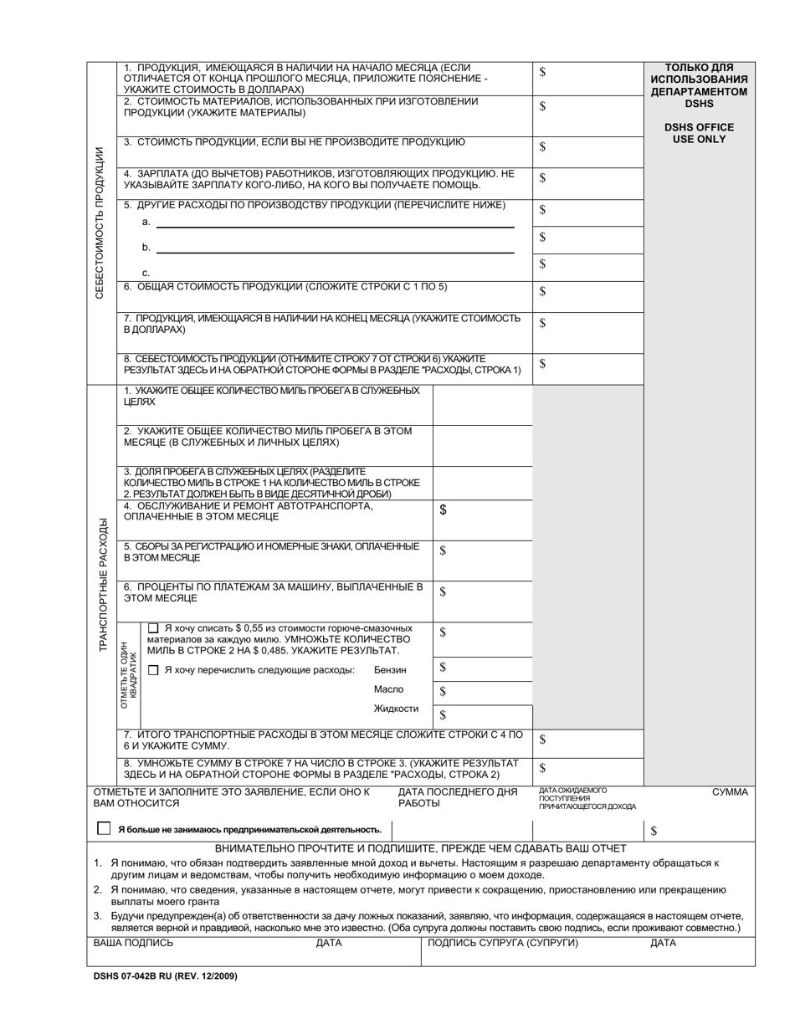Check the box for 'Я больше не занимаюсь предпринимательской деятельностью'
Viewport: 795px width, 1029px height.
tap(104, 828)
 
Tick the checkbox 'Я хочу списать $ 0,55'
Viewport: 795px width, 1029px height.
tap(153, 628)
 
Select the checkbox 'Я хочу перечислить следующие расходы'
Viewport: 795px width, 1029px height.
tap(153, 670)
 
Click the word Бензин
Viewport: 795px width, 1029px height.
tap(390, 670)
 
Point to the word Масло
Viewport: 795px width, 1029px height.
tap(388, 689)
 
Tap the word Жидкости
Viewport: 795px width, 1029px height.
tap(396, 709)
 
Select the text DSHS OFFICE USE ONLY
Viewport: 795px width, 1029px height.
tap(699, 133)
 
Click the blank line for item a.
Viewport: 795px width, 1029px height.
tap(335, 225)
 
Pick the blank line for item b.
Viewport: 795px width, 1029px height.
tap(335, 251)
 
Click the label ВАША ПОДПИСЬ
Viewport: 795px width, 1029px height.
tap(133, 943)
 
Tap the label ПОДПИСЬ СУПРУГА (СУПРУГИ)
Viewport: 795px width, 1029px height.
tap(503, 943)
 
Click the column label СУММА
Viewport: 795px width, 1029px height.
tap(730, 791)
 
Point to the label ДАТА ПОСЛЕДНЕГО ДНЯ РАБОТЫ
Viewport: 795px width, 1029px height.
tap(457, 797)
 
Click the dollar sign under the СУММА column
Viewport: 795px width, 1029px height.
tap(654, 831)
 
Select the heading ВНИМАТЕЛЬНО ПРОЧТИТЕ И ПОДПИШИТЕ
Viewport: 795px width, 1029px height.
tap(420, 848)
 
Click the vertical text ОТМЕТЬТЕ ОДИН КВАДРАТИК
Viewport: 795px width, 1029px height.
tap(129, 670)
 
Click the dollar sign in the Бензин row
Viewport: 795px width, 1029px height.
tap(443, 668)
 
